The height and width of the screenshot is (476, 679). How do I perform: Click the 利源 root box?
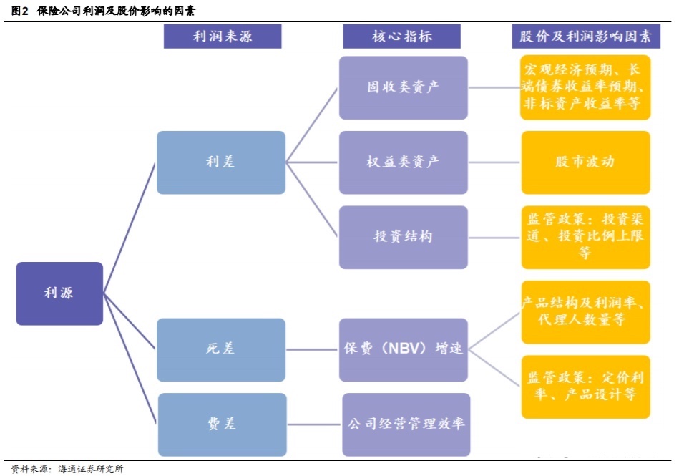[x=59, y=293]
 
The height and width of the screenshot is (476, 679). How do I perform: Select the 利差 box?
[x=220, y=162]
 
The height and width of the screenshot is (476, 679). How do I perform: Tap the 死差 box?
[x=220, y=349]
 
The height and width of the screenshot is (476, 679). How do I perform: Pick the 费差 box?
[x=220, y=424]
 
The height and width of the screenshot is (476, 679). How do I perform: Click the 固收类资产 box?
[x=404, y=87]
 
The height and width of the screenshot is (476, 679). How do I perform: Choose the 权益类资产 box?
[x=404, y=162]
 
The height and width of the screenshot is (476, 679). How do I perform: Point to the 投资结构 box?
[x=404, y=237]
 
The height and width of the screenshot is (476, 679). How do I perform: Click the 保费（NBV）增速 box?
[x=404, y=349]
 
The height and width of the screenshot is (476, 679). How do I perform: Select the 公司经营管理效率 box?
[x=406, y=424]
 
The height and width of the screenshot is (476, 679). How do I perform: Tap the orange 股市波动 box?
[x=585, y=162]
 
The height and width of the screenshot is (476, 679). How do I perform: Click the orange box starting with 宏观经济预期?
[x=585, y=87]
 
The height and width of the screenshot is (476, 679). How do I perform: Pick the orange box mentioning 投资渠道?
[x=585, y=237]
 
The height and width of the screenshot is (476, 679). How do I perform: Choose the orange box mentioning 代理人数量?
[x=585, y=312]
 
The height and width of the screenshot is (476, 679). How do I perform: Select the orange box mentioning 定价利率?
[x=585, y=387]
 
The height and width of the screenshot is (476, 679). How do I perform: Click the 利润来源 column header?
[x=223, y=37]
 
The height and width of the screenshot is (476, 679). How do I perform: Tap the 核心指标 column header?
[x=402, y=37]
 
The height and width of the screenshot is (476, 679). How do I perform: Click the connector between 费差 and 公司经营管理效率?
[x=313, y=424]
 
